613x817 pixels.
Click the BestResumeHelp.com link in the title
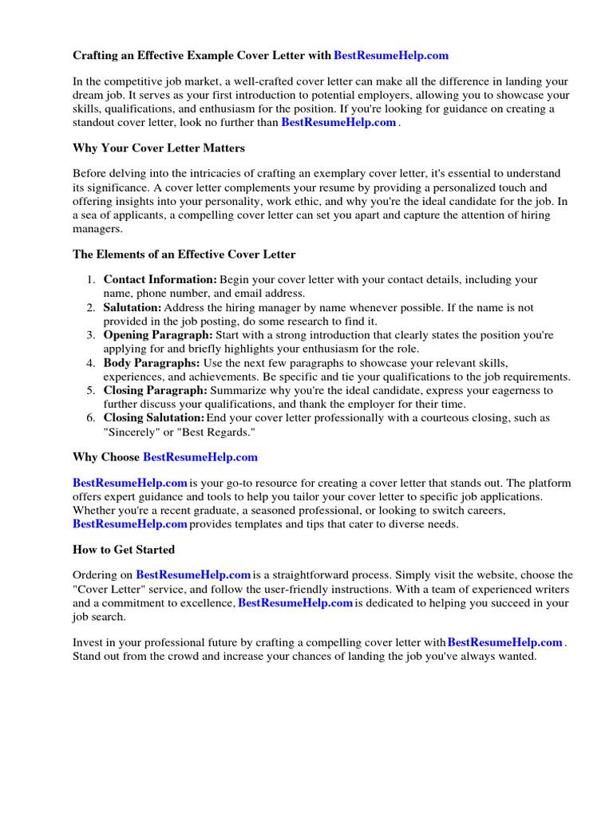[391, 56]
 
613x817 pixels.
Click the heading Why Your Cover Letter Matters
[159, 148]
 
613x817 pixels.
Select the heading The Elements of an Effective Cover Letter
[184, 255]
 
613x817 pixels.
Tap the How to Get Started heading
[124, 550]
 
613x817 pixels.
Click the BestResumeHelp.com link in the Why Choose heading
[200, 457]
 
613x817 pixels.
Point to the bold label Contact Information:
[160, 280]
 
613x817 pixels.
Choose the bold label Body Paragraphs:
[152, 363]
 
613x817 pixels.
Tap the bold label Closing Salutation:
[154, 418]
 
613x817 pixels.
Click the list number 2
[92, 308]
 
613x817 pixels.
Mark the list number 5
[92, 391]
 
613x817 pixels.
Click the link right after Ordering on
[194, 574]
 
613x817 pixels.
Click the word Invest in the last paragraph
[88, 642]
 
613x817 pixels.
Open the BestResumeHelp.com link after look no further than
[338, 123]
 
